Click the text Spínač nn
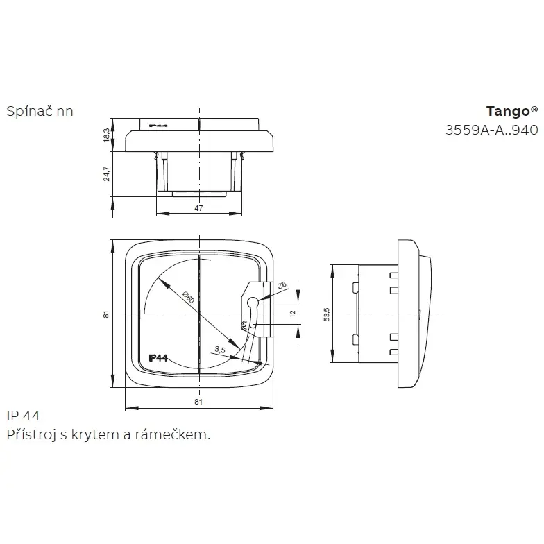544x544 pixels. click(40, 111)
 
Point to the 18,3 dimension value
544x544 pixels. click(106, 135)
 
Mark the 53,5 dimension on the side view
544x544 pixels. click(326, 314)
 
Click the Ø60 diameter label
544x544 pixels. click(187, 297)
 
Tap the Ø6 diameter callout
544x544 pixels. click(281, 286)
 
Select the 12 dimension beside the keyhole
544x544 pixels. click(293, 314)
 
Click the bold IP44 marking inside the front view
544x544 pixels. click(159, 358)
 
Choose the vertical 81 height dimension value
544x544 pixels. click(106, 314)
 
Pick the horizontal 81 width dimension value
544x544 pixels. click(198, 402)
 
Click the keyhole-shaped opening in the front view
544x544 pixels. click(252, 307)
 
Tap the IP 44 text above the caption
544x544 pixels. click(23, 416)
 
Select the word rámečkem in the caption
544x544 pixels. click(178, 435)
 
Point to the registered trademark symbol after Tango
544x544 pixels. click(534, 109)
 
